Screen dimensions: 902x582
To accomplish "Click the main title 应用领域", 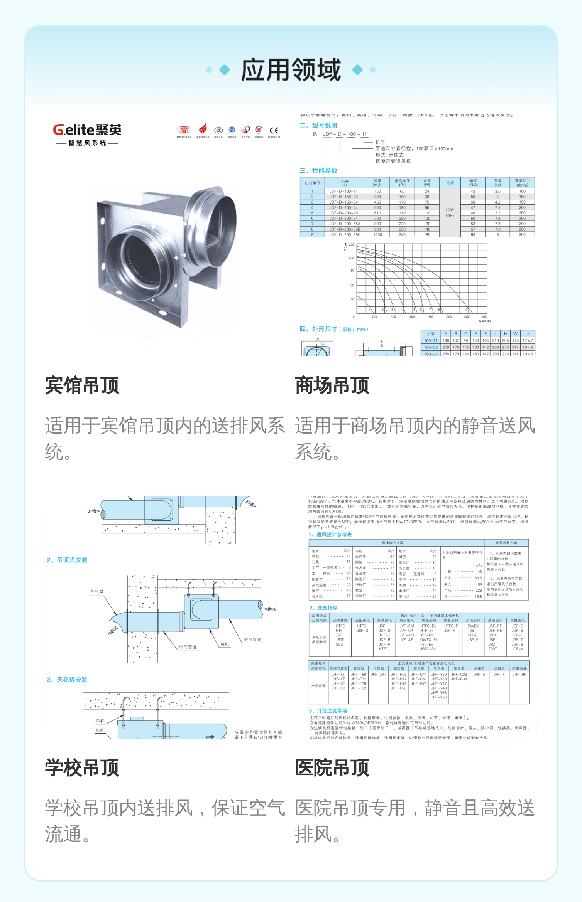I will (291, 70).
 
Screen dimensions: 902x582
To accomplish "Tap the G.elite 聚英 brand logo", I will (87, 134).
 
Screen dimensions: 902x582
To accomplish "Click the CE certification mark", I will (274, 130).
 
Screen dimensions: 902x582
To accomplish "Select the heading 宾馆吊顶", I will (82, 385).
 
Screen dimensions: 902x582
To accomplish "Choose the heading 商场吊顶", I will (332, 385).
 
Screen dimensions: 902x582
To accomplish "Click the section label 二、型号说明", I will (318, 125).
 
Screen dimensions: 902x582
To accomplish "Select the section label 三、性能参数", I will (318, 171).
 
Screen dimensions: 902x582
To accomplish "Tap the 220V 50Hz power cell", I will (450, 213).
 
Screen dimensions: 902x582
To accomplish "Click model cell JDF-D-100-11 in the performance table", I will (343, 191).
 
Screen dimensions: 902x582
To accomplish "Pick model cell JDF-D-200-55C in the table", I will (345, 234).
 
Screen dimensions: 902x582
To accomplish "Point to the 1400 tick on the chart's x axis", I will (484, 317).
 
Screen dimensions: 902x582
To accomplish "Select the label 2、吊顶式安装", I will (67, 560).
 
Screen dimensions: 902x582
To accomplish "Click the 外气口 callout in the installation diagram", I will (97, 591).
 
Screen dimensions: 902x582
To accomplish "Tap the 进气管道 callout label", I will (252, 639).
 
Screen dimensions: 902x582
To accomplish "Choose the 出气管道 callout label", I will (188, 646).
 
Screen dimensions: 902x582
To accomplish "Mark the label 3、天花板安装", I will (67, 680).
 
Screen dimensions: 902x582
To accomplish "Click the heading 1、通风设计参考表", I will (330, 534).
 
